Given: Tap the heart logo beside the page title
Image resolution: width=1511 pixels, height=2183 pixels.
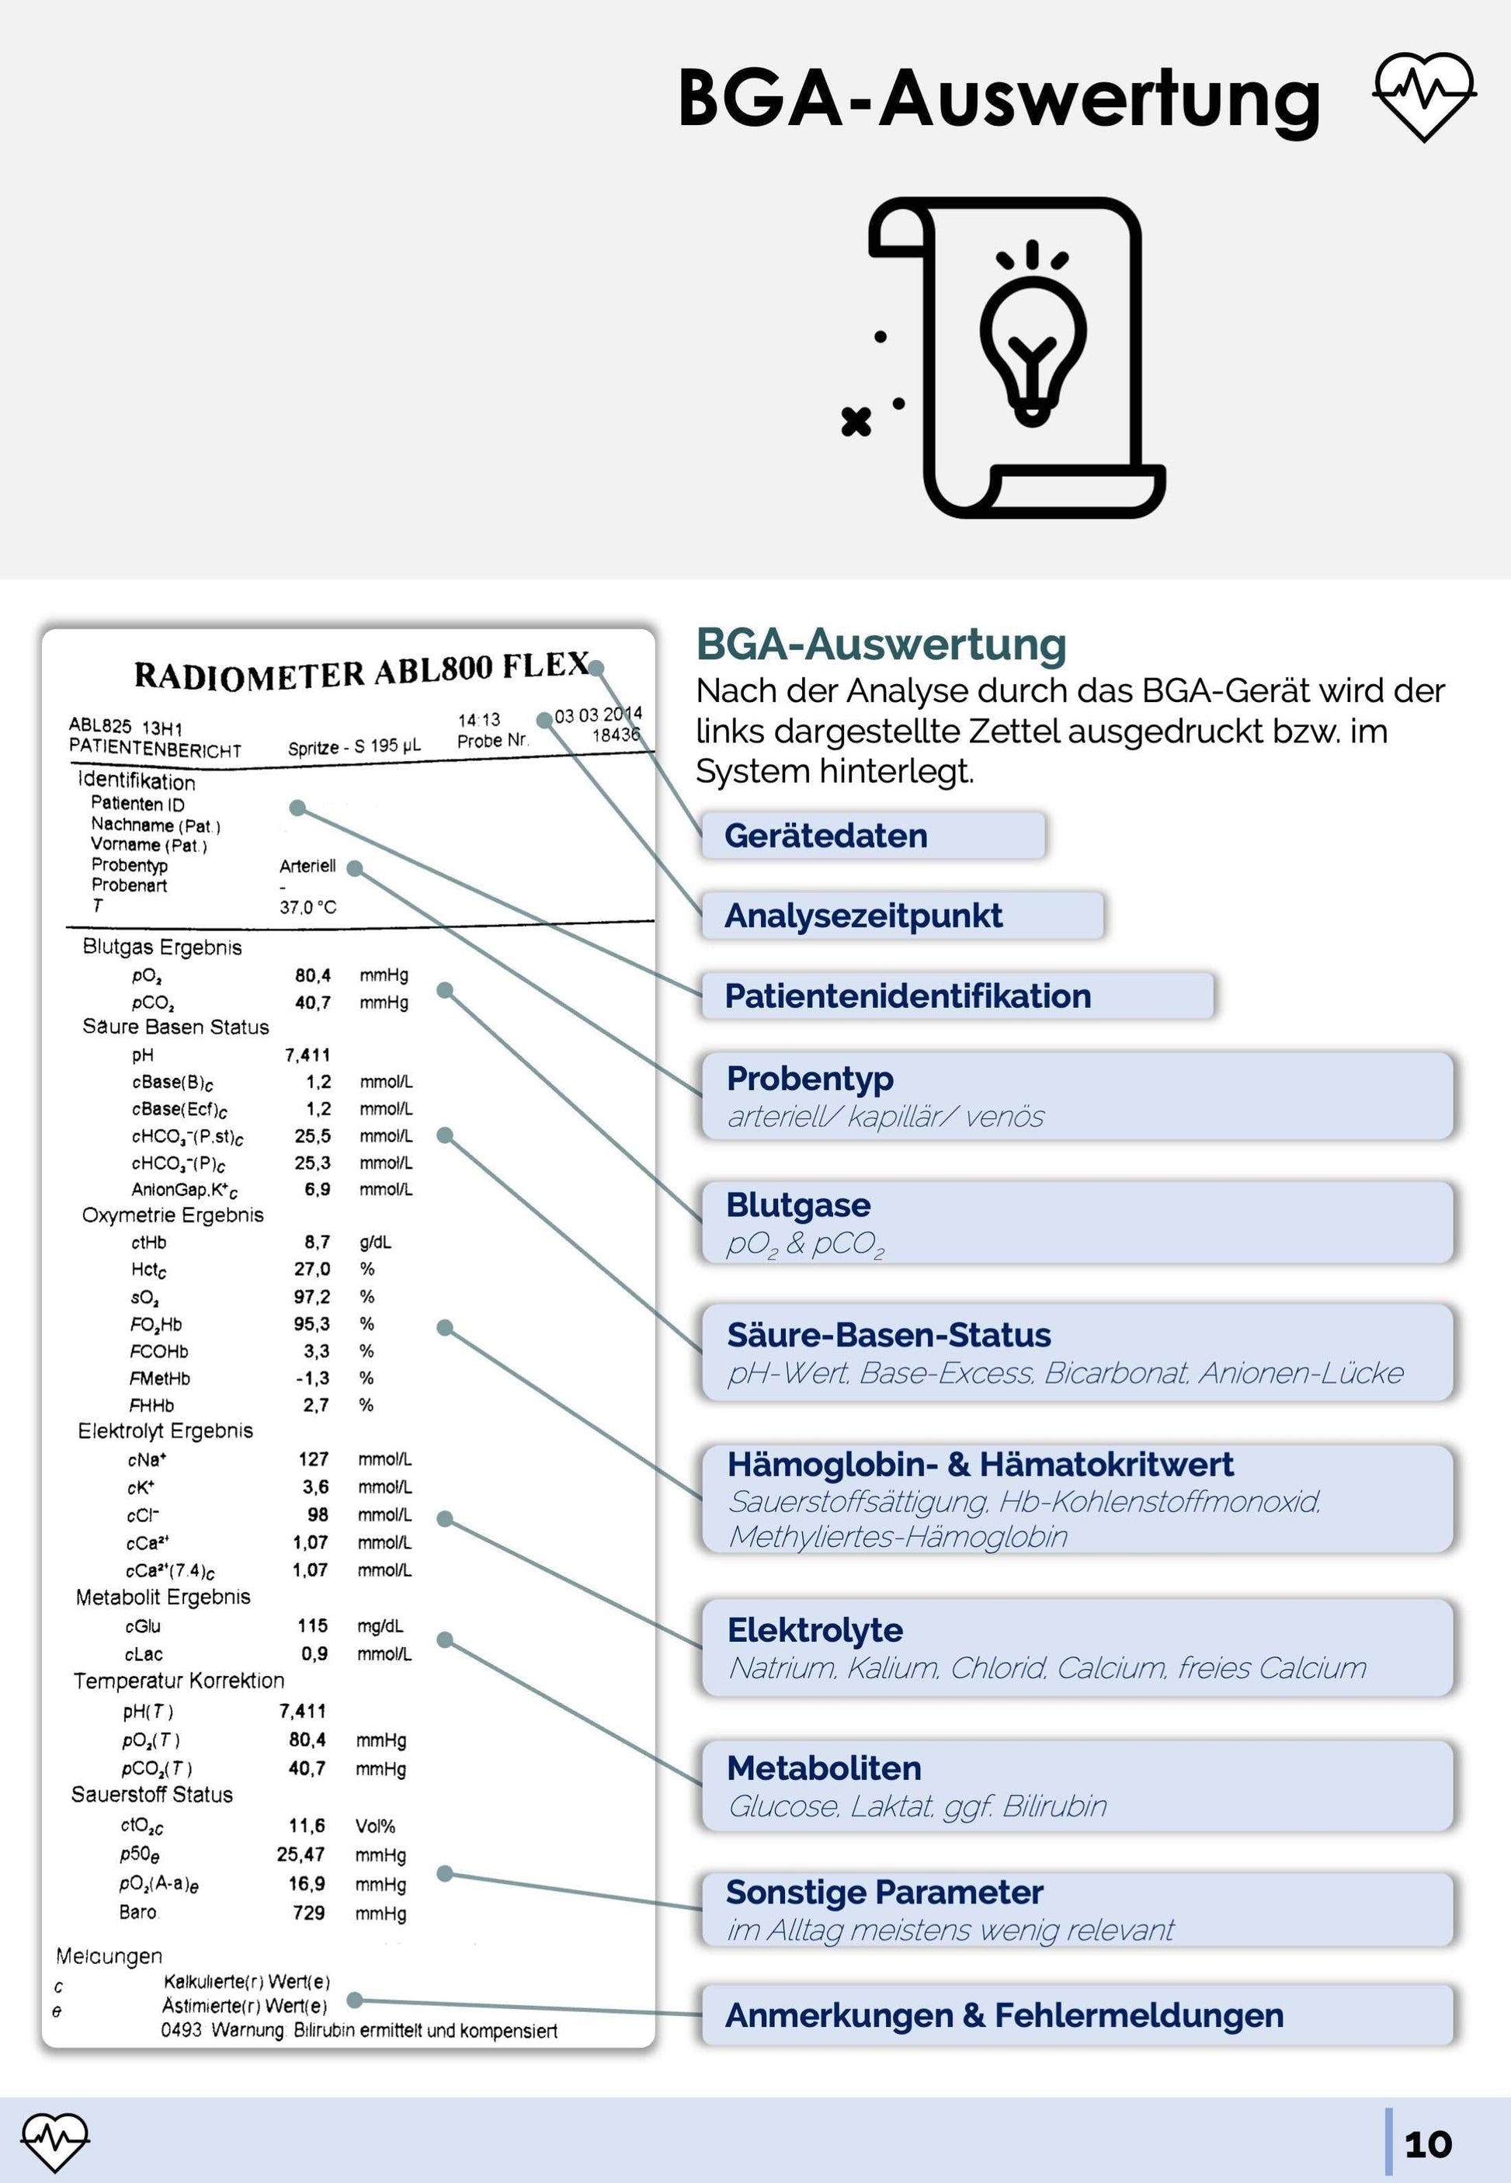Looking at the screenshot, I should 1424,96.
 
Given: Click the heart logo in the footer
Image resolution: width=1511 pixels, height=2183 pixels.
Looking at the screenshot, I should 55,2141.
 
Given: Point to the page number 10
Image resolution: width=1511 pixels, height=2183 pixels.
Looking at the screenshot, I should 1426,2144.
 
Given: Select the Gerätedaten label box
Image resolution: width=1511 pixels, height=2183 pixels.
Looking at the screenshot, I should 872,836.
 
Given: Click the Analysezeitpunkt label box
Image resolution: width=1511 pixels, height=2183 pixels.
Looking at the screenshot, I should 901,916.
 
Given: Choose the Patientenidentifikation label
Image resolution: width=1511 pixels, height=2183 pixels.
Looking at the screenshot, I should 956,996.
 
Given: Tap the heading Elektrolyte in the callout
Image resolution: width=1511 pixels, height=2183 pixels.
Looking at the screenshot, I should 815,1630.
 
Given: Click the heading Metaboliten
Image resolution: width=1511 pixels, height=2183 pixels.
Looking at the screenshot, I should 824,1768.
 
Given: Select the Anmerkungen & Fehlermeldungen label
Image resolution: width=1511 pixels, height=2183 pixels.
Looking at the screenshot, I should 1003,2015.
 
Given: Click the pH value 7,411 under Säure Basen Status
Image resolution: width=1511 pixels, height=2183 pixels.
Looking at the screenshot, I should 307,1055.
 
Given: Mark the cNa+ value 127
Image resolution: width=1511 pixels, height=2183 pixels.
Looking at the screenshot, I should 314,1458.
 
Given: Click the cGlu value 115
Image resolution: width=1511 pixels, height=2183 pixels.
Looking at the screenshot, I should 312,1625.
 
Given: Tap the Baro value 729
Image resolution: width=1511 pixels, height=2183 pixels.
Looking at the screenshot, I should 308,1912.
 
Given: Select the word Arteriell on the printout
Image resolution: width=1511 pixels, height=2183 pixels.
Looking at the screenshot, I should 307,865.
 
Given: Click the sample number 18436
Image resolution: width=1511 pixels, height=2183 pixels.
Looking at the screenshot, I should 616,735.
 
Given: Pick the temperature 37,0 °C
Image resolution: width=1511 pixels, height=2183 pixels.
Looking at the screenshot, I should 307,907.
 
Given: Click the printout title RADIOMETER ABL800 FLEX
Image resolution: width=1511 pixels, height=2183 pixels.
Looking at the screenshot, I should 361,670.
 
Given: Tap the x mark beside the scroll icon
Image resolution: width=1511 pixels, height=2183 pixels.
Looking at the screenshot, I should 856,421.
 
